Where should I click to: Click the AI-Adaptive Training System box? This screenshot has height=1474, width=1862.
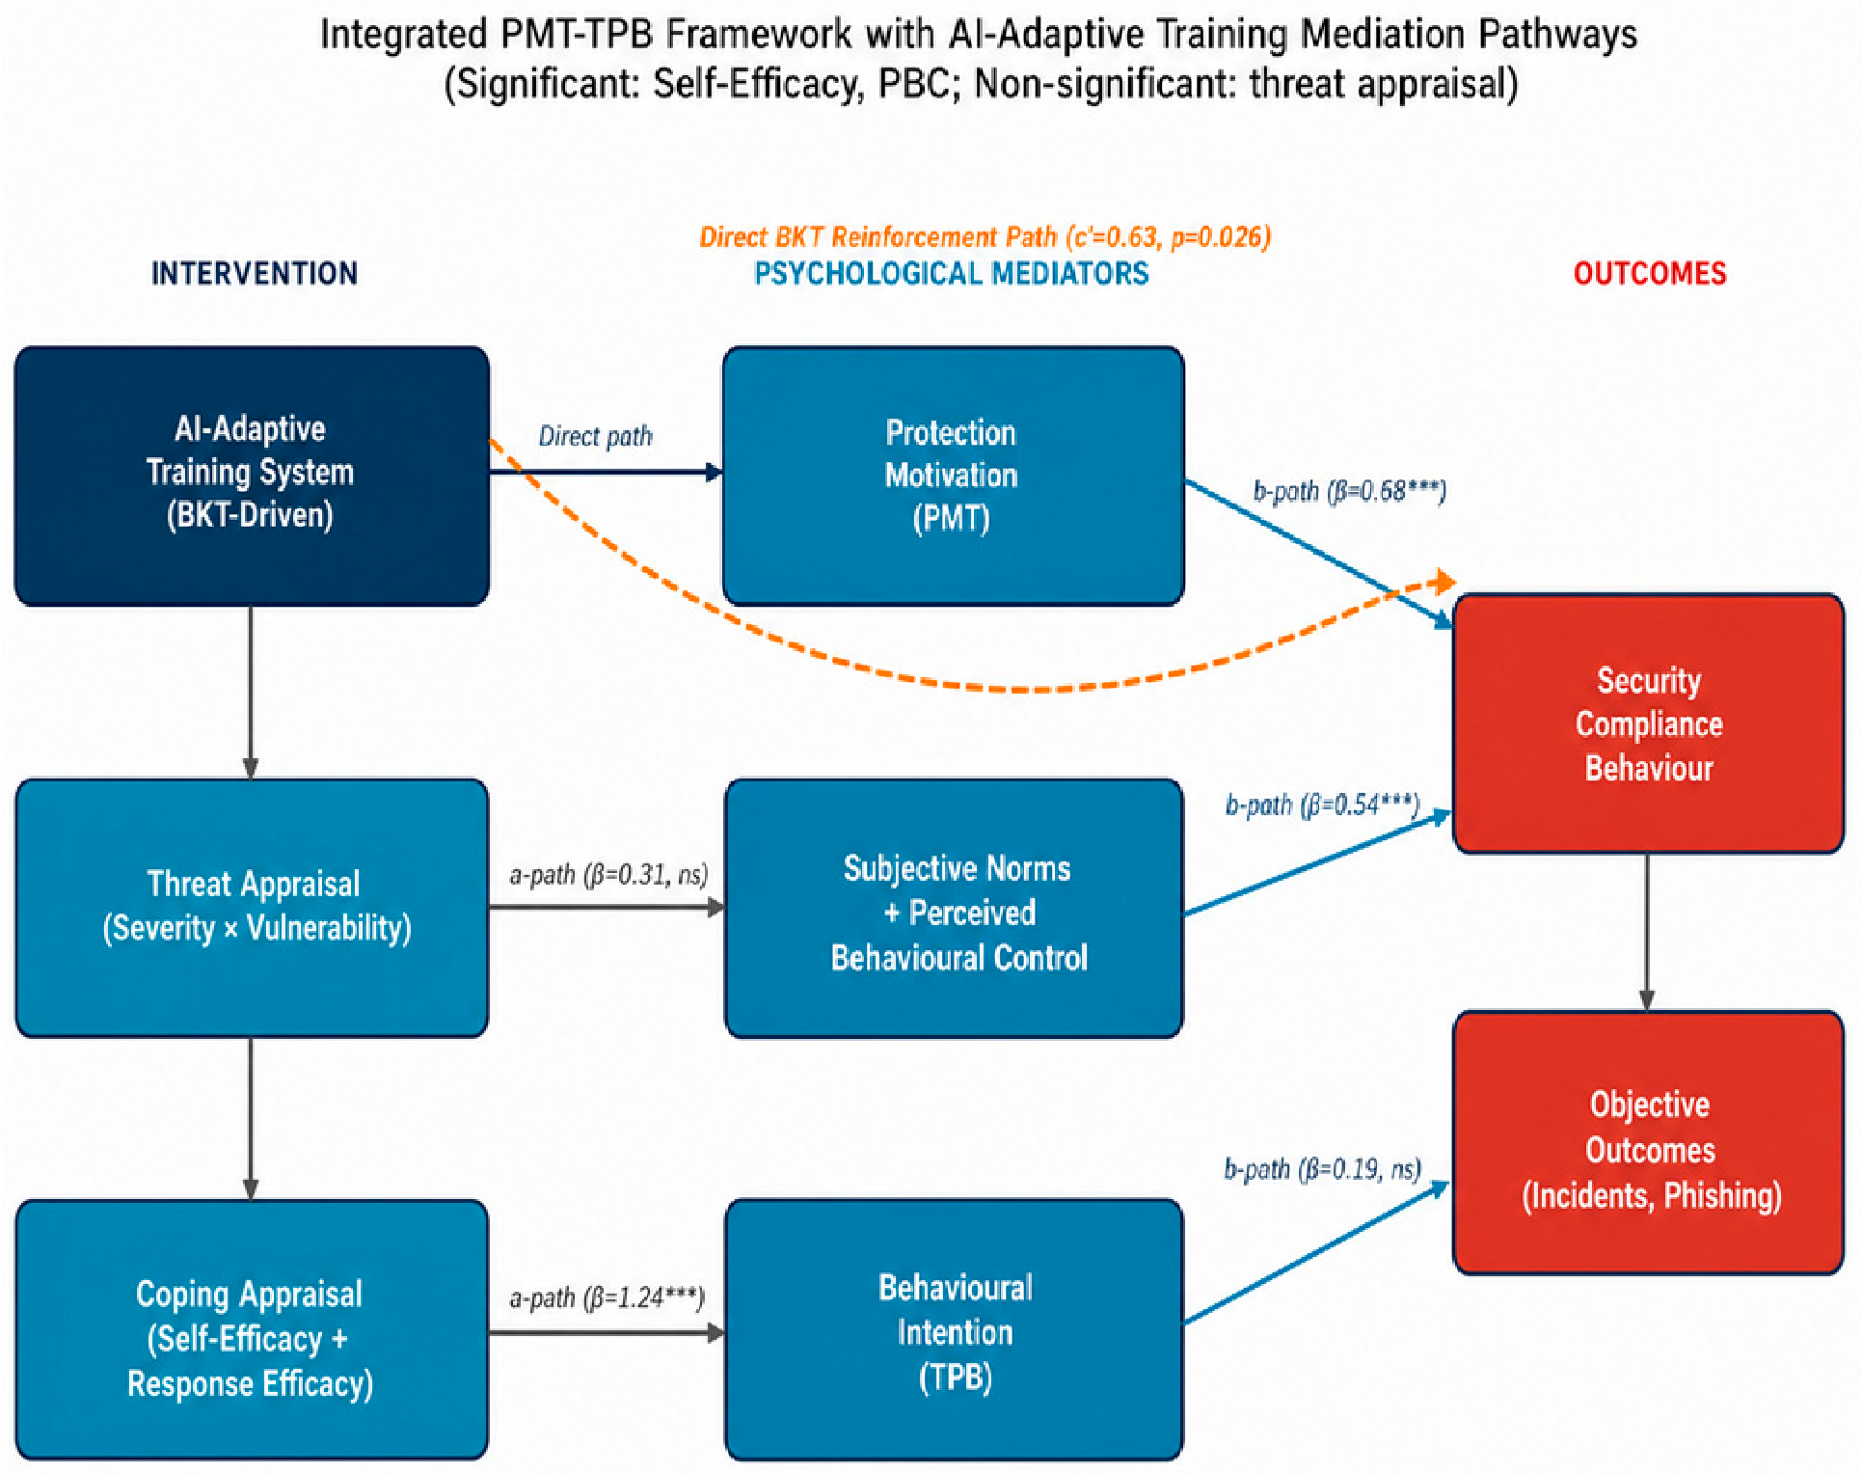252,476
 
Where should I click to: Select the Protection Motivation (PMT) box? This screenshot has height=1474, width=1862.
954,476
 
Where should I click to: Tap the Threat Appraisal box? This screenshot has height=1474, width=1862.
252,908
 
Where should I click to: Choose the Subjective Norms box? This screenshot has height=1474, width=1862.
954,908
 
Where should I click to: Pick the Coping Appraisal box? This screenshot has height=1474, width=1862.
252,1329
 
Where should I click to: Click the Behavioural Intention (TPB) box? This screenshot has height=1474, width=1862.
954,1329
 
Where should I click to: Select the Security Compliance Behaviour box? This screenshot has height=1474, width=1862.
1649,723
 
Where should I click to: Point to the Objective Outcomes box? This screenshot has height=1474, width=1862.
1649,1142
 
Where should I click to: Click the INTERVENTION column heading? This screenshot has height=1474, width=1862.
255,274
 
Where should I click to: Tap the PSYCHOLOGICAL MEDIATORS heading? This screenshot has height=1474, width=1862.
952,274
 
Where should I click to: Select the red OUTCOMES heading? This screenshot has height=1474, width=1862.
1650,274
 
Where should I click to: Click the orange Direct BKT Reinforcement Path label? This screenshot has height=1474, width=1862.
985,237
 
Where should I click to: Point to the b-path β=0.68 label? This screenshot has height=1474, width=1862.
1350,492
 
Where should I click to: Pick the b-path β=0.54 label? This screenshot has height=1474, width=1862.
1323,805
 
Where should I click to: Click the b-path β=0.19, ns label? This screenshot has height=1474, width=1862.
1323,1170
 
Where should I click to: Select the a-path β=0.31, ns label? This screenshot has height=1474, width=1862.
609,875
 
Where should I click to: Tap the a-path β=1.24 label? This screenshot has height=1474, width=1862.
607,1298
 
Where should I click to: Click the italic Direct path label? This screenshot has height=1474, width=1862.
596,437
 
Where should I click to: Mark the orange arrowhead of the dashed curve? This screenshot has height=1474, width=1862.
1444,582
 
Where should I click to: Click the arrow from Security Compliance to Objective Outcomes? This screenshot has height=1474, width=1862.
1647,933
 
